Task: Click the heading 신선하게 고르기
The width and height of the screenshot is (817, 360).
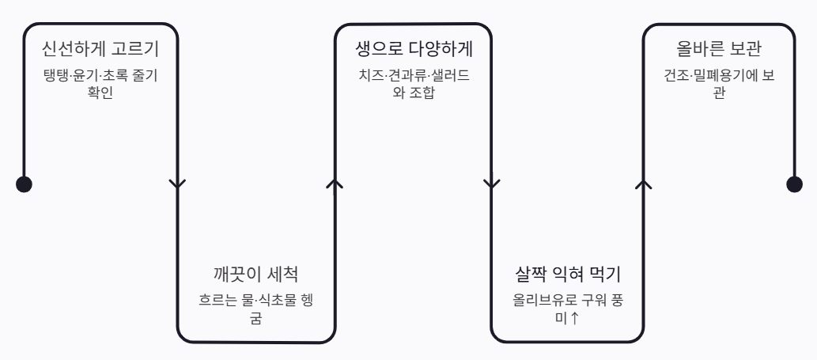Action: (100, 50)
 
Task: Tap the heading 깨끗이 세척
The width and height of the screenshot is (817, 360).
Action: (255, 275)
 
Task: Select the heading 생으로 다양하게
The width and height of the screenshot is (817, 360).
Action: (414, 50)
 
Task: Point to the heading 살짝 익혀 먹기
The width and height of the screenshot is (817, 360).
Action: (566, 275)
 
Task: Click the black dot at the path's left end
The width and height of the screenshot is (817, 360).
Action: (25, 184)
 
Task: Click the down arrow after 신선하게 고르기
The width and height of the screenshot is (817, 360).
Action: (178, 184)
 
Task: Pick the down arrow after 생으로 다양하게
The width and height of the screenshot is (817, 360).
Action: (491, 184)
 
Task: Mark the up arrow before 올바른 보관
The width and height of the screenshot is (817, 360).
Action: (644, 184)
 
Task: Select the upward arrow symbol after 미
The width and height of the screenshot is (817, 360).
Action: (576, 319)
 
